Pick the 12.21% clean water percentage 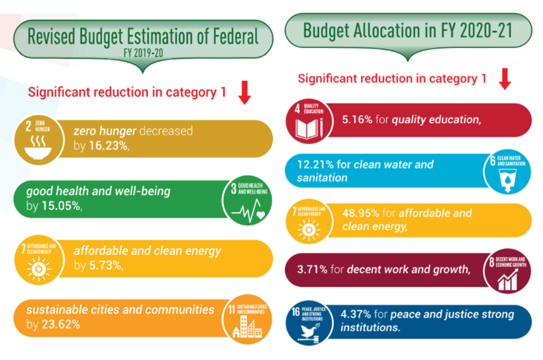317,164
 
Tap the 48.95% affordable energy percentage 362,213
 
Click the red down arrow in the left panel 244,92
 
